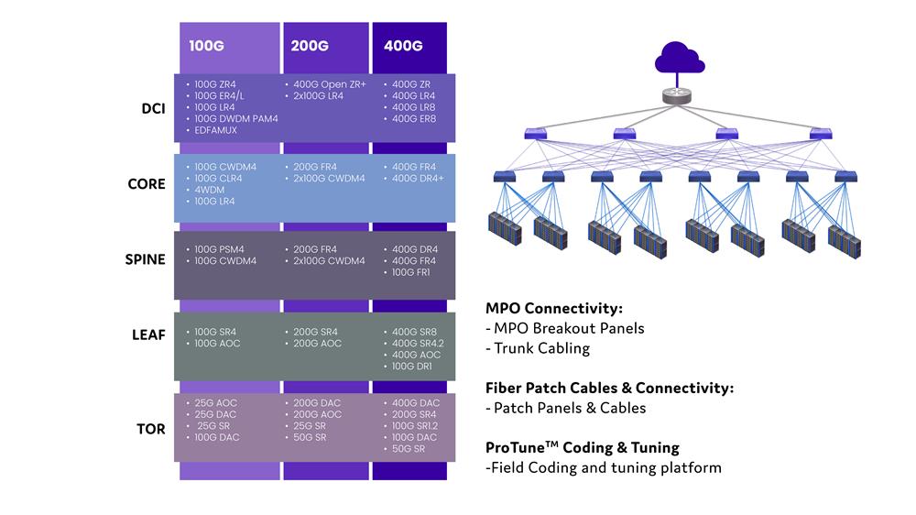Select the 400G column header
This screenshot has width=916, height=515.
coord(402,45)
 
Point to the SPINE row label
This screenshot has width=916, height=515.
coord(145,259)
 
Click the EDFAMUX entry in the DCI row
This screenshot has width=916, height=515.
coord(215,131)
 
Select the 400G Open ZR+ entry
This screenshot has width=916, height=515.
coord(330,84)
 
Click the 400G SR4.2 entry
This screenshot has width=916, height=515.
coord(417,344)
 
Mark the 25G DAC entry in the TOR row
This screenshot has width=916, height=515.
coord(217,414)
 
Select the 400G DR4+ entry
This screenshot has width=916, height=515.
coord(418,179)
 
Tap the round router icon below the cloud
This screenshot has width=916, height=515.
coord(679,95)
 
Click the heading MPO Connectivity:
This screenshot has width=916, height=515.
coord(553,309)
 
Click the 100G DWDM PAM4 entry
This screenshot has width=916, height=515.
coord(235,119)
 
